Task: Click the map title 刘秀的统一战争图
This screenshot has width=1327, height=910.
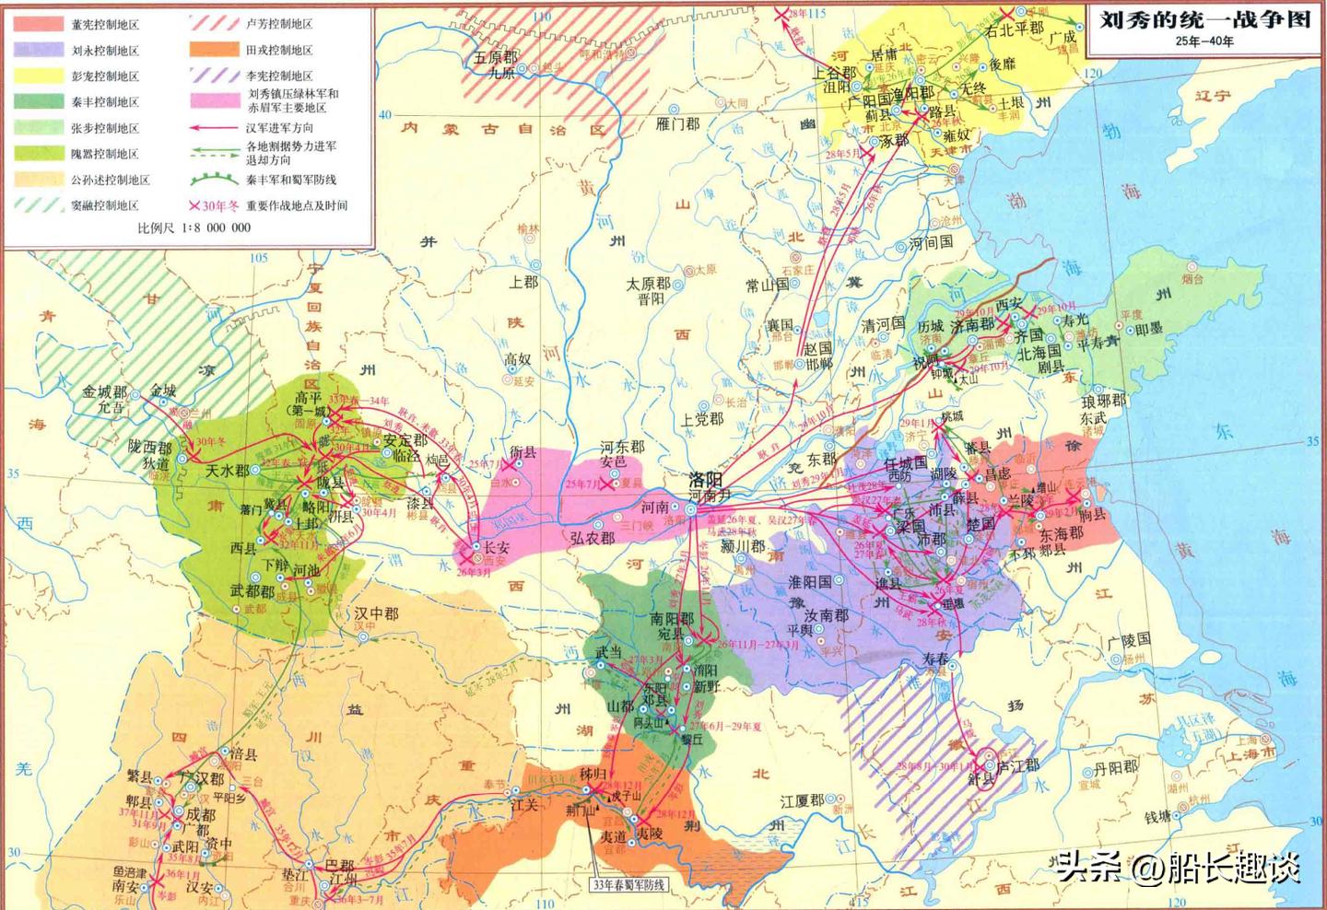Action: [x=1204, y=19]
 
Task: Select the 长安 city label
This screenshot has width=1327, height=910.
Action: [x=496, y=547]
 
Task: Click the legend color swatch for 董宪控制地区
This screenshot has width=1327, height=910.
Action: [x=38, y=24]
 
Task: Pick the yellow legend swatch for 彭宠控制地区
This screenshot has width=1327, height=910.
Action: [x=38, y=76]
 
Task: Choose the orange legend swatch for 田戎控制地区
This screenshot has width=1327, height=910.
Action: [x=214, y=50]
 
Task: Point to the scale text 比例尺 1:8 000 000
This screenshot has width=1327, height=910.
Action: [x=194, y=227]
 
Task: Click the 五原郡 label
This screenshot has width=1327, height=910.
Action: [x=496, y=57]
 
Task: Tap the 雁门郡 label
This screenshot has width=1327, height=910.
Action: [x=677, y=123]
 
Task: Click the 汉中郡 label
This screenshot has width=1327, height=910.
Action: [x=377, y=612]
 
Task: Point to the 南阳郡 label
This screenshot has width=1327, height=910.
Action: [x=671, y=618]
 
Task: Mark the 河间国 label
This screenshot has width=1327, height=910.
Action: [x=931, y=243]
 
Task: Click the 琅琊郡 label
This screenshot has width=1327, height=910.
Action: [x=1103, y=401]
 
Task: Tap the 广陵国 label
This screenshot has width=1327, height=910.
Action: [x=1129, y=640]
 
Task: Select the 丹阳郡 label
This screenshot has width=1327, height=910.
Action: [x=1115, y=767]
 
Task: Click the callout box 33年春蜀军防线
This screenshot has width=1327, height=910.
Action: [x=628, y=884]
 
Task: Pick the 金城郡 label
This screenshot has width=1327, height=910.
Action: [x=105, y=391]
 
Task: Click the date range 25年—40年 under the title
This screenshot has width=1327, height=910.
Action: [x=1204, y=41]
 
